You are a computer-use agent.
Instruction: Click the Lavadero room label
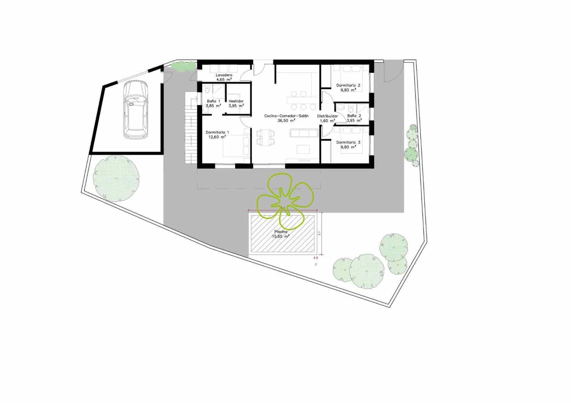pos(224,75)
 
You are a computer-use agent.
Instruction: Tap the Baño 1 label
pos(213,101)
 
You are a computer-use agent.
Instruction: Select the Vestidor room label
pos(236,101)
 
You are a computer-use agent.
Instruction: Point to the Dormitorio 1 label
pos(217,132)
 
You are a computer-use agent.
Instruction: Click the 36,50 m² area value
pos(286,121)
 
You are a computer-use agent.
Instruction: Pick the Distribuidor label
pos(327,116)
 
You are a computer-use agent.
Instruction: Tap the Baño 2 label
pos(354,116)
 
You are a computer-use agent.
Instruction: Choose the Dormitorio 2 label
pos(348,86)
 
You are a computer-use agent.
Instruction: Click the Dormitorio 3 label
pos(348,142)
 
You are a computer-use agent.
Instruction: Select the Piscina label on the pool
pos(281,232)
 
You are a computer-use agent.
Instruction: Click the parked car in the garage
pos(135,109)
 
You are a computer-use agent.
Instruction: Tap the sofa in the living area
pos(304,133)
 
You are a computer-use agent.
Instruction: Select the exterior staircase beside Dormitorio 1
pos(191,128)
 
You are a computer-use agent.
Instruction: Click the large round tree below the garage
pos(116,178)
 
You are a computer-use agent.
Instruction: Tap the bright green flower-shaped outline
pos(285,200)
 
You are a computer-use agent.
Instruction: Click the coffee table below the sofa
pos(304,149)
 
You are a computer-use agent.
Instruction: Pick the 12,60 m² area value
pos(216,137)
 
